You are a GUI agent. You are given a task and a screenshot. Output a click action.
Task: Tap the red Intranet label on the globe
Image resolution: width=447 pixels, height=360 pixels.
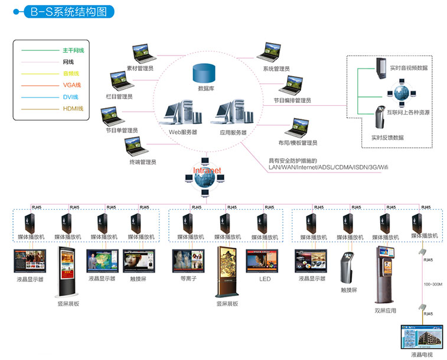click(207, 170)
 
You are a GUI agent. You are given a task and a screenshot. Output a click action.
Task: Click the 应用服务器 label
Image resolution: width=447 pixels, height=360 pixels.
click(233, 132)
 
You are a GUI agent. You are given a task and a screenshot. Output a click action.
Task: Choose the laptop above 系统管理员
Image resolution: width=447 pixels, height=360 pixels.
click(276, 53)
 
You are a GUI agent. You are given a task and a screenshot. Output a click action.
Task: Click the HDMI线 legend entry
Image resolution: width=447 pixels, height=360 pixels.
click(73, 109)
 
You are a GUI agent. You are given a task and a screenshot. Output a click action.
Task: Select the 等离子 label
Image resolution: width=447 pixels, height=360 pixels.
click(184, 278)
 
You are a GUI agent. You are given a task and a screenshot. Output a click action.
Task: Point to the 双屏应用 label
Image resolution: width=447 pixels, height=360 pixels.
click(386, 310)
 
